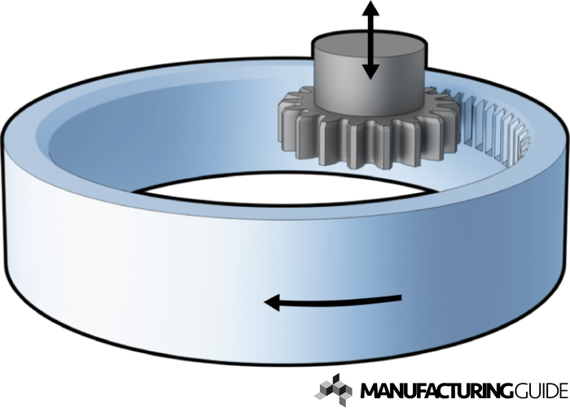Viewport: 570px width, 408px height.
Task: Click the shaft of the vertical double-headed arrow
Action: tap(370, 41)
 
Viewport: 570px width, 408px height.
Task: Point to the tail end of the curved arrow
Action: tap(399, 297)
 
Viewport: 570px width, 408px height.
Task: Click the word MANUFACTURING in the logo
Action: tap(436, 388)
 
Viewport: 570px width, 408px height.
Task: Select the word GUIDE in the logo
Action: tap(538, 388)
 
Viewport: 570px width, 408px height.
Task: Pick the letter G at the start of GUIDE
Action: tap(517, 388)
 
